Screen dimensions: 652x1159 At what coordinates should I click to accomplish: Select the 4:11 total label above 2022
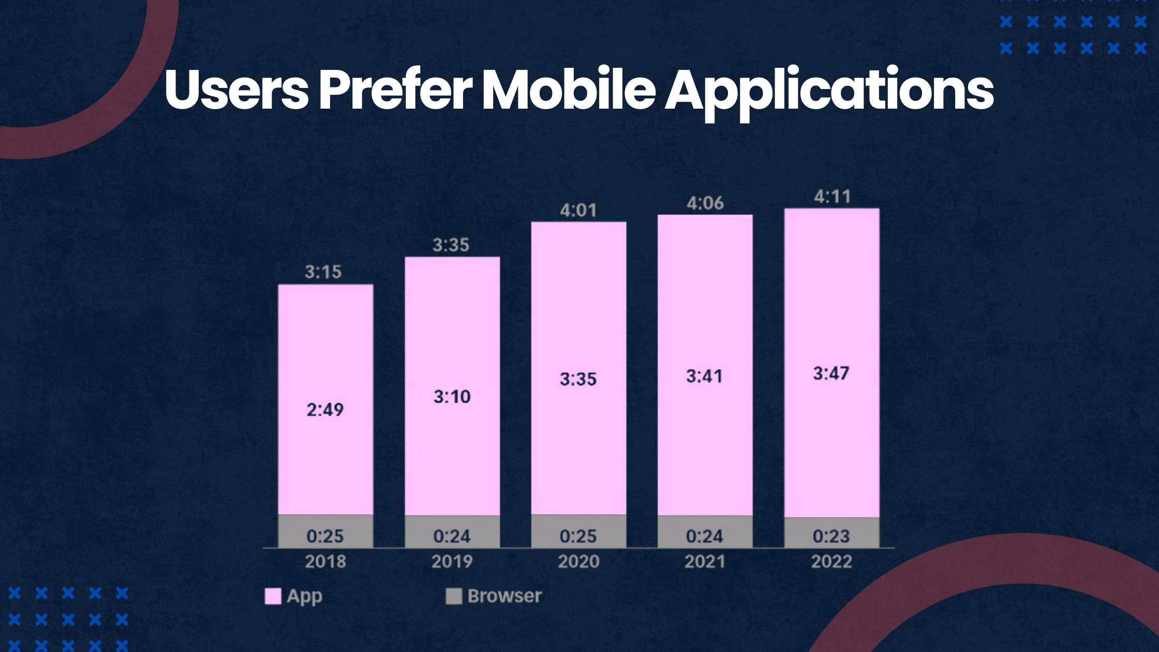[832, 197]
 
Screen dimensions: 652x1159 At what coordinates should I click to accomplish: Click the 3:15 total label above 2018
[323, 272]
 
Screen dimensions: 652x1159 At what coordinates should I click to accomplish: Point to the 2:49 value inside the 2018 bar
[325, 410]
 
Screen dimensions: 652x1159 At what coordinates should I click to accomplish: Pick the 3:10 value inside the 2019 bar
[452, 397]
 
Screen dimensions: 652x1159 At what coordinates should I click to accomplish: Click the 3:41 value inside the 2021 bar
[704, 376]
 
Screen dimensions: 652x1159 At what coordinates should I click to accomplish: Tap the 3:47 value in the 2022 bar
[831, 374]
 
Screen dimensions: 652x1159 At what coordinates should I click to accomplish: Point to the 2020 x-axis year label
[578, 561]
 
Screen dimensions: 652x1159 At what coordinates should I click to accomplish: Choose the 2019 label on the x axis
[452, 561]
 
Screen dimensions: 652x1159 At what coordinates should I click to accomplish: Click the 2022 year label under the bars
[831, 561]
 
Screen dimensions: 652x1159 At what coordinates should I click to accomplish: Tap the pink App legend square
[273, 596]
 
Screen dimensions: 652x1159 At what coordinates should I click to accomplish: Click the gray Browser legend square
[454, 596]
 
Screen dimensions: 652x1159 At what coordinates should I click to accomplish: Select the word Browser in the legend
[504, 596]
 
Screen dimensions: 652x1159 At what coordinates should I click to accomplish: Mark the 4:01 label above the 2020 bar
[578, 211]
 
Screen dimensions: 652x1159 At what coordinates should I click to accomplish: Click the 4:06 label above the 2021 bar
[705, 203]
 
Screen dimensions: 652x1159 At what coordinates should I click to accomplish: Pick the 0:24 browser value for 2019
[452, 536]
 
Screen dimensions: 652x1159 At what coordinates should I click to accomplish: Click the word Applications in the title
[829, 91]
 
